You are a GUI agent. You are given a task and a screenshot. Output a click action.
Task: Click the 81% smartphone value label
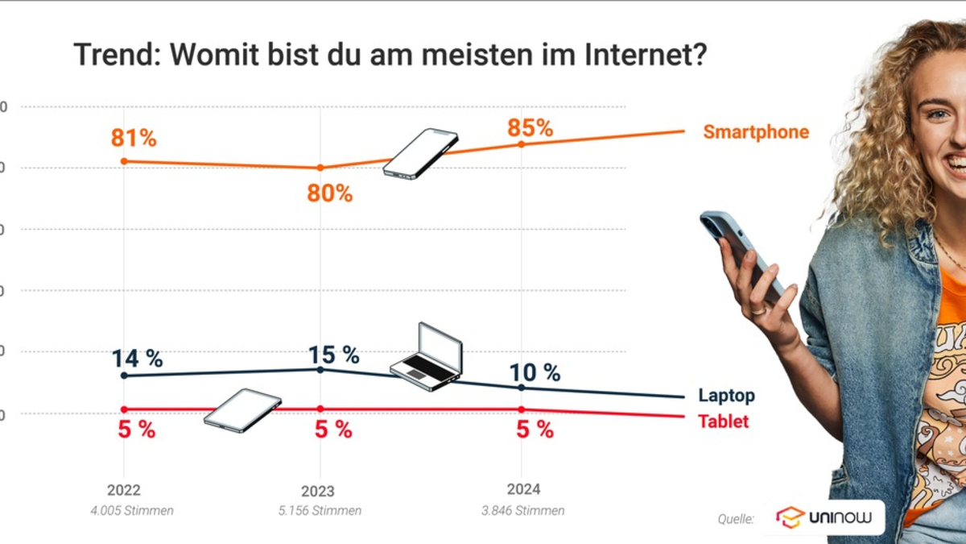(134, 139)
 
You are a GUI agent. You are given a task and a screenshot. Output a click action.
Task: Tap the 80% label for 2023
(330, 193)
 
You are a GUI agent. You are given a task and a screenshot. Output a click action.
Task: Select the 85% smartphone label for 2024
(530, 128)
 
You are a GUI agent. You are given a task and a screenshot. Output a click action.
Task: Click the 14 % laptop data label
(137, 359)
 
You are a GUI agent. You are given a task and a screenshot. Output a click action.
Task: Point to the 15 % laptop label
(333, 355)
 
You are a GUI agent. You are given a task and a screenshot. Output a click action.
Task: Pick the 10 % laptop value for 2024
(535, 372)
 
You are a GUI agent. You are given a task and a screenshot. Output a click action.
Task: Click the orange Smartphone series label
(755, 132)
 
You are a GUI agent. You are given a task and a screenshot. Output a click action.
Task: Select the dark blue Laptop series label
(726, 396)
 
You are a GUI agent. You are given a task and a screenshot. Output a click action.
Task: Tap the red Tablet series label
(723, 421)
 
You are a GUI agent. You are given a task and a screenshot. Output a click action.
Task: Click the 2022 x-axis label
(123, 490)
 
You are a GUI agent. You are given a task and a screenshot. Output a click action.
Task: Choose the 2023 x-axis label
(319, 491)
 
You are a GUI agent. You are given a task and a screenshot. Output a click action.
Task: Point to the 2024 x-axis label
(523, 489)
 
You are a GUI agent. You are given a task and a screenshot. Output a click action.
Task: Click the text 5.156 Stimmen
(320, 511)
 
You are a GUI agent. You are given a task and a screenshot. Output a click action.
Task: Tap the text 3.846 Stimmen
(524, 510)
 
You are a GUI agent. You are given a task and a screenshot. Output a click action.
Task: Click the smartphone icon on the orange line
(420, 153)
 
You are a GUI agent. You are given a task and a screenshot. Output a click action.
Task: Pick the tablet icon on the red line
(242, 409)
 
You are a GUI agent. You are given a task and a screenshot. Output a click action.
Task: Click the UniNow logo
(824, 517)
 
